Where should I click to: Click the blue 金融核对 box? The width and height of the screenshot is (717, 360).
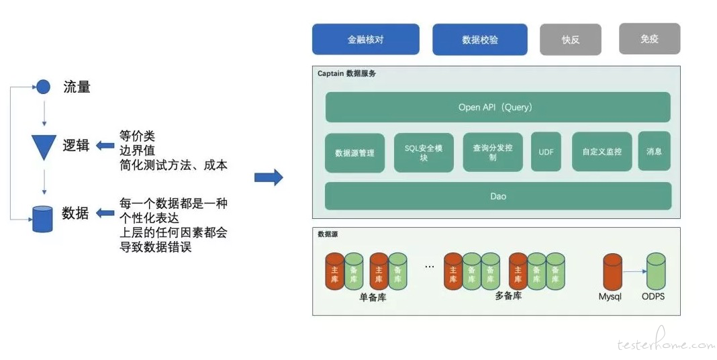365,40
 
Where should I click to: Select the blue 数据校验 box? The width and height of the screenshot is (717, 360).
479,40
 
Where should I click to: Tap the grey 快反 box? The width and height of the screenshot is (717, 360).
570,40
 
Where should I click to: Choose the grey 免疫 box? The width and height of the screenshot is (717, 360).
649,39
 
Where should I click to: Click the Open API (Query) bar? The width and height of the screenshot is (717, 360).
498,107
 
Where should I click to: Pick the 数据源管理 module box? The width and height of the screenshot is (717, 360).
355,152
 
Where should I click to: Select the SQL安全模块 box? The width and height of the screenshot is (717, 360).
424,152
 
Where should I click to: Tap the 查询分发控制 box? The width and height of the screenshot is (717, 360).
493,152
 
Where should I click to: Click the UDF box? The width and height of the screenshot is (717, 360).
546,152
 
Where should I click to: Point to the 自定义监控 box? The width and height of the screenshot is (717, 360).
602,152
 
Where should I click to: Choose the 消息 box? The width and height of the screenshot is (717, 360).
655,151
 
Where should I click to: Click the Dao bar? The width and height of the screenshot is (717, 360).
498,196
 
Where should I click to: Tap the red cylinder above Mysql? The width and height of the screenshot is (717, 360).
612,272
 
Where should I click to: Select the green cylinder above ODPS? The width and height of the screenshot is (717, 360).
656,272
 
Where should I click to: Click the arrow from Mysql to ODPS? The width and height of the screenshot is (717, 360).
634,272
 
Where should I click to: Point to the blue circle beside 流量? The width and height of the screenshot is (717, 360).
43,87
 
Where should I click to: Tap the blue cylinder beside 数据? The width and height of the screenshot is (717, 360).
42,219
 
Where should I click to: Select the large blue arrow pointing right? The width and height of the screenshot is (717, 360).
269,177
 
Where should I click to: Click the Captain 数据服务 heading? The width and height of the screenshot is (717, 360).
346,73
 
